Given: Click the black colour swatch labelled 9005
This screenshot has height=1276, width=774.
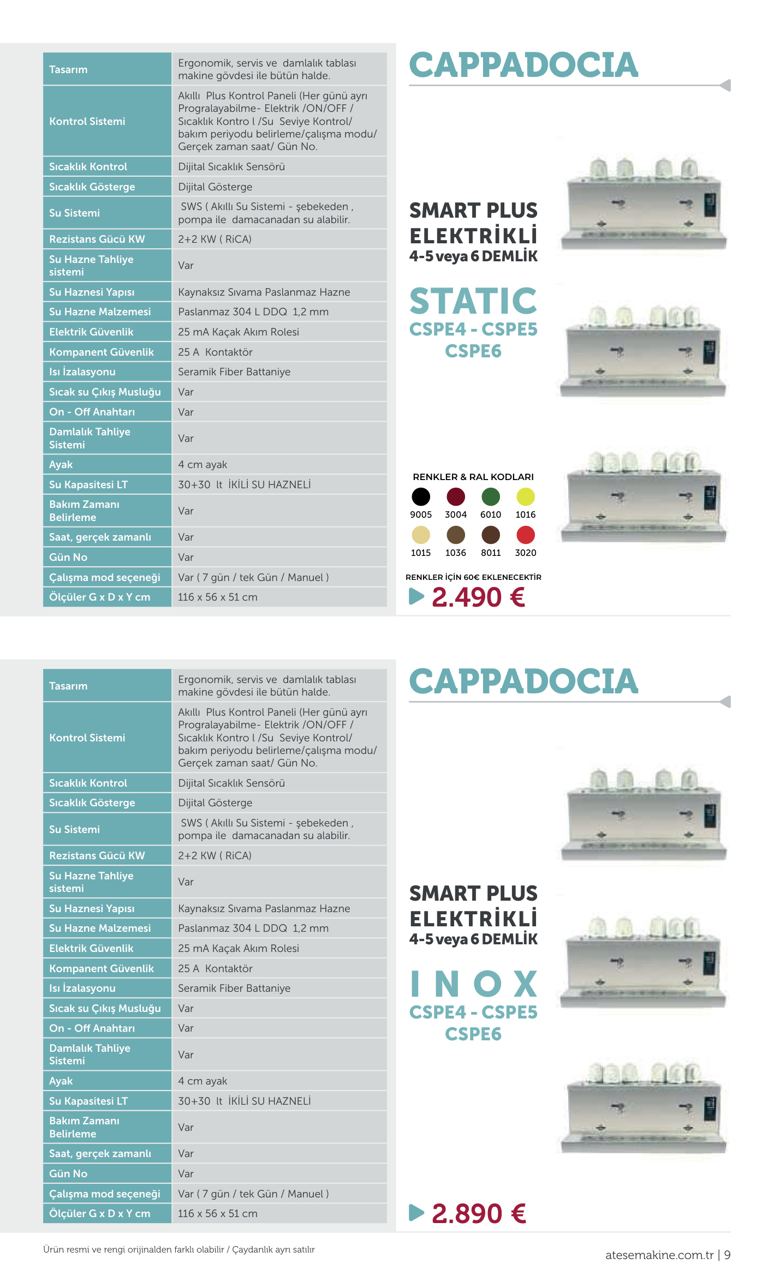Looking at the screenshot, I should tap(421, 496).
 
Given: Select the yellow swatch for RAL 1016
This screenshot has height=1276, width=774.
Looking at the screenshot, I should tap(526, 496).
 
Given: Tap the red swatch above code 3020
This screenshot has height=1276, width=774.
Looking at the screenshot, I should tap(526, 535).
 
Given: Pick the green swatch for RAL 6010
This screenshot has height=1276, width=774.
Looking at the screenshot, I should tap(491, 496).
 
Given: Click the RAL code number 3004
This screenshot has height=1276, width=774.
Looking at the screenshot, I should tap(456, 514).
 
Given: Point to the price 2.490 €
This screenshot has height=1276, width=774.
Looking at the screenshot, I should tap(478, 597).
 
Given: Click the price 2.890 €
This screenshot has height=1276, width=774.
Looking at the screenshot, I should tap(479, 1214).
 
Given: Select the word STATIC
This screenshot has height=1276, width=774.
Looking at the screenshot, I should tap(473, 301).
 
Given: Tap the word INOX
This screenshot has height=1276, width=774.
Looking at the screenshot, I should tap(473, 984).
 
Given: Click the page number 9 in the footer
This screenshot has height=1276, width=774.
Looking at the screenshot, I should tap(727, 1255).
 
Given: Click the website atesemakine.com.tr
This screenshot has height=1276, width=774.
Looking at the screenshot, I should tap(659, 1255).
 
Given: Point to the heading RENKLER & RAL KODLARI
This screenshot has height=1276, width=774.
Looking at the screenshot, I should tap(473, 477).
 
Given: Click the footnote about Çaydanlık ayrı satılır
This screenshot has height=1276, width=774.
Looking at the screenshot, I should tap(273, 1249).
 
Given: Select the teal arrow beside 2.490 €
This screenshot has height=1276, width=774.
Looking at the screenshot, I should tap(416, 596).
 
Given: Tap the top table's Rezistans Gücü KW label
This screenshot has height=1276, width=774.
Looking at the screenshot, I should tap(97, 239).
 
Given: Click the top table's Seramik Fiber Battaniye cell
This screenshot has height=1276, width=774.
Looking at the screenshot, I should tap(234, 372).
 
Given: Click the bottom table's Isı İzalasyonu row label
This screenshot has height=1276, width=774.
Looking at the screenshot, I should tap(82, 988).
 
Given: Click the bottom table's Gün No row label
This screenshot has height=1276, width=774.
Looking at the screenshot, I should tap(68, 1173).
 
